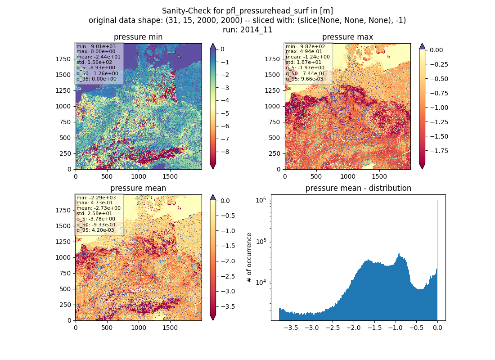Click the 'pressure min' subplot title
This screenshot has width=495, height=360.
pyautogui.click(x=138, y=37)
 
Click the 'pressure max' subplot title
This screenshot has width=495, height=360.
pyautogui.click(x=347, y=37)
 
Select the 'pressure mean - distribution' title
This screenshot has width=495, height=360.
pyautogui.click(x=358, y=188)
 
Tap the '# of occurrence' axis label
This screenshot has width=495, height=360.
pyautogui.click(x=249, y=258)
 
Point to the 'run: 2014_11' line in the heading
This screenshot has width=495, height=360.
pyautogui.click(x=247, y=30)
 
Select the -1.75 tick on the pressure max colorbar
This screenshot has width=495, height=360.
pyautogui.click(x=439, y=151)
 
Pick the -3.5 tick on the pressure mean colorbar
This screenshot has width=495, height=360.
pyautogui.click(x=227, y=306)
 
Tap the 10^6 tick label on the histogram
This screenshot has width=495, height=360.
pyautogui.click(x=261, y=200)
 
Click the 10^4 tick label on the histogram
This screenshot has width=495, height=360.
pyautogui.click(x=261, y=282)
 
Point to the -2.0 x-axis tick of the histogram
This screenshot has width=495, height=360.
pyautogui.click(x=354, y=328)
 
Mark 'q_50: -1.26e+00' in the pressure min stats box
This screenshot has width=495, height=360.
pyautogui.click(x=97, y=73)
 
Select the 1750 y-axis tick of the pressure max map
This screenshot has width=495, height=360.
pyautogui.click(x=272, y=59)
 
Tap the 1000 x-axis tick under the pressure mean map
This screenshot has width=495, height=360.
pyautogui.click(x=139, y=328)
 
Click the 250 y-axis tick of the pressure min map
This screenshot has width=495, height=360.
pyautogui.click(x=66, y=153)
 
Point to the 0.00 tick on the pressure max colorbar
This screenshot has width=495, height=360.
pyautogui.click(x=436, y=50)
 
